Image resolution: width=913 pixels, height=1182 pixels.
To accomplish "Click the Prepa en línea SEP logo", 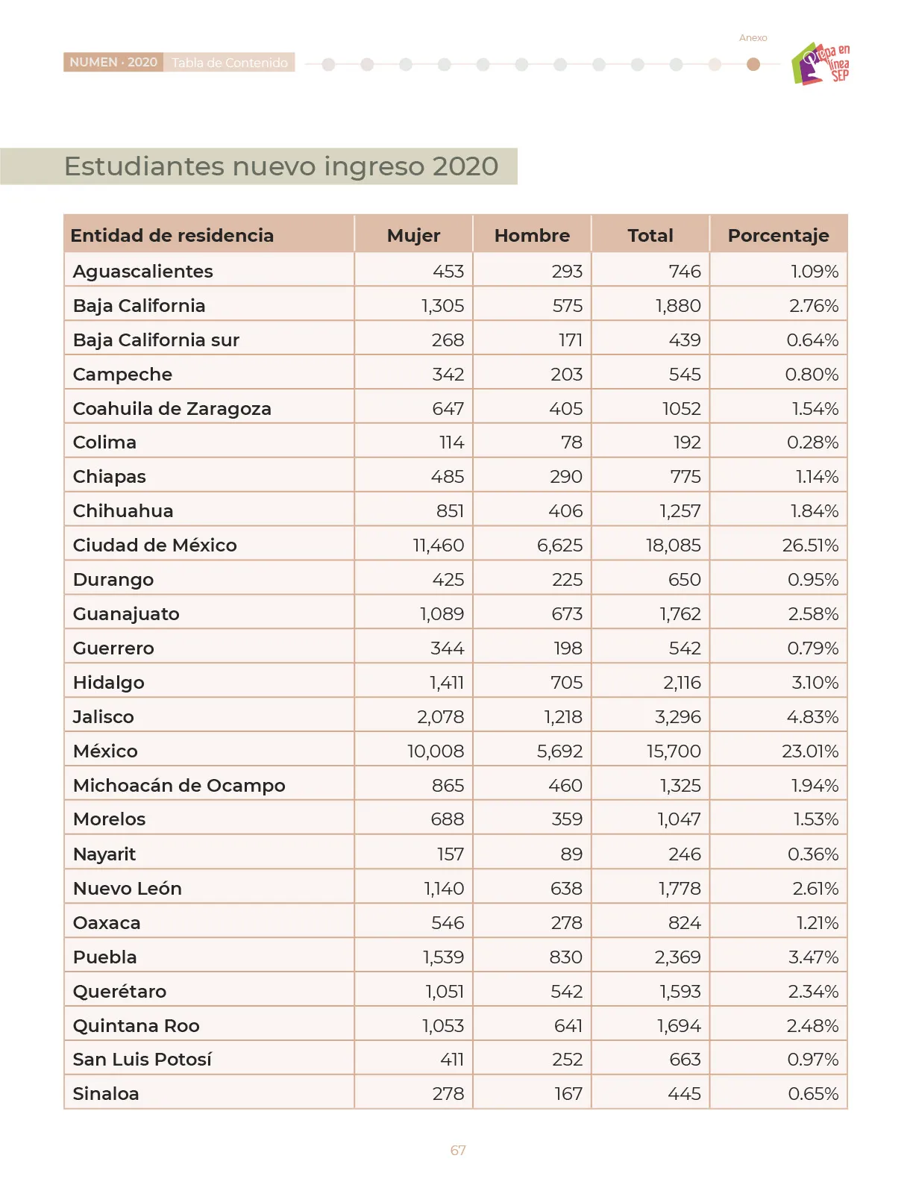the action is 820,63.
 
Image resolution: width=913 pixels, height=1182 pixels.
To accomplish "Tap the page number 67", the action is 458,1150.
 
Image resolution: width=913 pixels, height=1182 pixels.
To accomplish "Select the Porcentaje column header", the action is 778,235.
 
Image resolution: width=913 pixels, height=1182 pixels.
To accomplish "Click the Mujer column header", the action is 413,235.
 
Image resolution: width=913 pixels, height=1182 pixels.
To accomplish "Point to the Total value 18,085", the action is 674,545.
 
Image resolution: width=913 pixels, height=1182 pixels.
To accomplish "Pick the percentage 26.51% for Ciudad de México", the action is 810,545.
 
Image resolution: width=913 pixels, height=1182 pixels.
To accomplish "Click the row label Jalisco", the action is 104,716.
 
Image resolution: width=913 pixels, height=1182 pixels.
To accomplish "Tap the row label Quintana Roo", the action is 136,1025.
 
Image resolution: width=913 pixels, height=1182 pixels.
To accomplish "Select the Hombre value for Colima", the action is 571,443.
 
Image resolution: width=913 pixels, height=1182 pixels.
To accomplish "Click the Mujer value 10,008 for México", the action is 436,751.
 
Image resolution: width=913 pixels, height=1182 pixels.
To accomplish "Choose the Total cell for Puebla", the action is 677,957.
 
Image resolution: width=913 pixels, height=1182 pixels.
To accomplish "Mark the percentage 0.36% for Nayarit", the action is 813,854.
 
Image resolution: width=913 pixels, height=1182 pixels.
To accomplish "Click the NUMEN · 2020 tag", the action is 113,62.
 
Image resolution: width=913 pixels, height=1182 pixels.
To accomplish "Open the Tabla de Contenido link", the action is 230,63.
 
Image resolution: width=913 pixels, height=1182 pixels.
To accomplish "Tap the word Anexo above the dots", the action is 753,37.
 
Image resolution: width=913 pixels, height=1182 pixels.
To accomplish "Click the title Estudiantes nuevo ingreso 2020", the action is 281,166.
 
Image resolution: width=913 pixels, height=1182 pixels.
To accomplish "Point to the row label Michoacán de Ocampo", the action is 179,786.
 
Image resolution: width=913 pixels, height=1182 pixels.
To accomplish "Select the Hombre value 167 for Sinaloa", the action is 568,1093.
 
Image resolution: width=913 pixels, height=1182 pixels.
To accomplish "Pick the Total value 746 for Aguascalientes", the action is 685,271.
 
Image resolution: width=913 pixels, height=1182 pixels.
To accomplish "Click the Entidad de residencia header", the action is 172,235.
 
